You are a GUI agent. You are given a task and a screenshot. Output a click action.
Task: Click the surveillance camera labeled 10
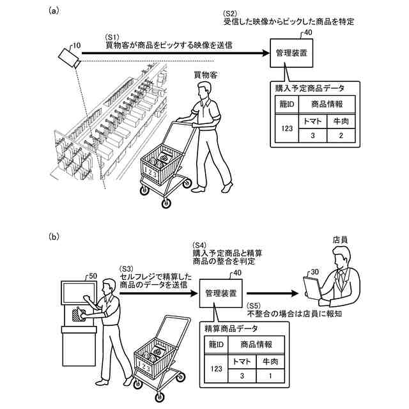pos(67,56)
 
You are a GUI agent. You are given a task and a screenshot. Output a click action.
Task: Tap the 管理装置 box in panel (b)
pos(220,293)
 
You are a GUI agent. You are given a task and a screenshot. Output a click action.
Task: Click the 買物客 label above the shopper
pos(206,75)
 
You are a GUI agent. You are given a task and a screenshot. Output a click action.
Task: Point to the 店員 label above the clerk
pos(340,240)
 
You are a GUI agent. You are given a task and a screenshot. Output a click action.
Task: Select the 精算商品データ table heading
pos(231,328)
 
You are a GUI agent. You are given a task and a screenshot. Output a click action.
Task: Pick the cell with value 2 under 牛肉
pos(341,135)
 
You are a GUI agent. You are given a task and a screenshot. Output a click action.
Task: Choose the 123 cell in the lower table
pos(216,369)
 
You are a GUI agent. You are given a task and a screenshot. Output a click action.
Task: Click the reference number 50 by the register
pos(92,275)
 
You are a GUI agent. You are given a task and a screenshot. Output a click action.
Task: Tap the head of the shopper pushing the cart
pos(204,92)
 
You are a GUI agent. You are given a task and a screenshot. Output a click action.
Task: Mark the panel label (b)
pos(54,237)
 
